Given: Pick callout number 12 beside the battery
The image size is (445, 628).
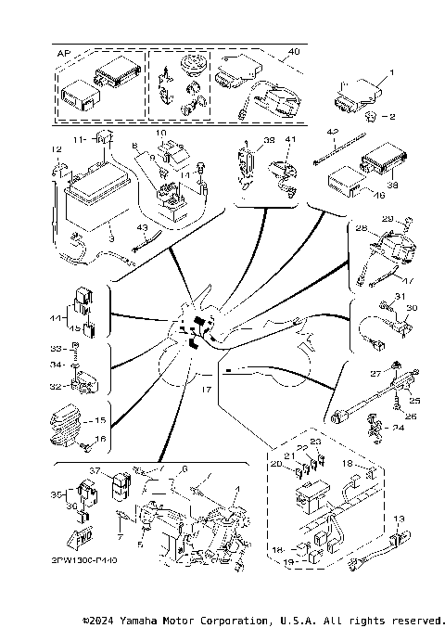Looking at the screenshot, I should pos(56,149).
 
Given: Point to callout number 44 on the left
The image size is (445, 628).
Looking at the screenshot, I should pos(58,317).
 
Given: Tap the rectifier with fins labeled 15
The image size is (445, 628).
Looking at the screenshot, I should pos(74,422).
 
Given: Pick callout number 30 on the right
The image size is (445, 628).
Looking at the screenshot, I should pos(412,309).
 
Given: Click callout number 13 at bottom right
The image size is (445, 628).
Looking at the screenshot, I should pos(400,519).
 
